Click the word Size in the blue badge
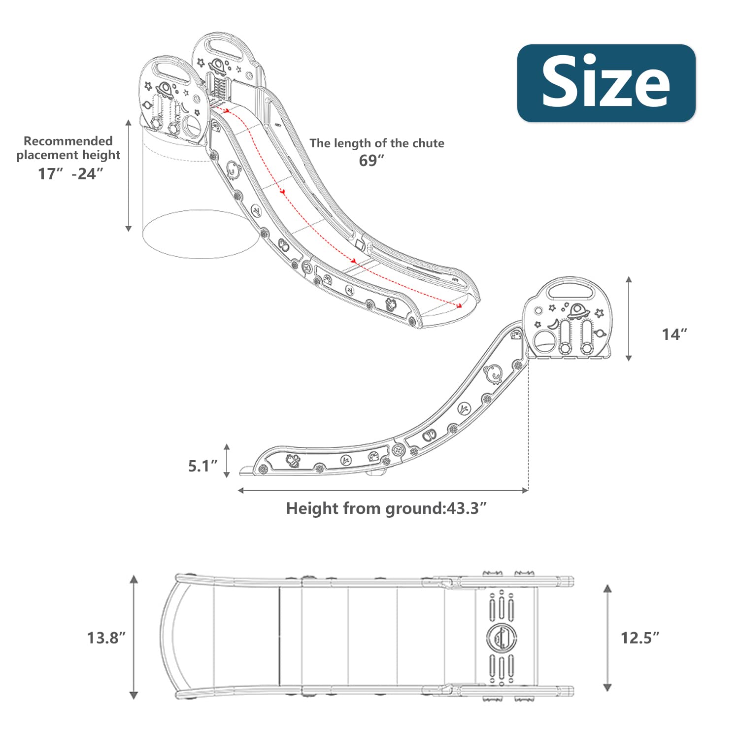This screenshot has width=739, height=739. click(x=606, y=82)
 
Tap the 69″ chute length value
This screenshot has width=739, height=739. click(x=371, y=161)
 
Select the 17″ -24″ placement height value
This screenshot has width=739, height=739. click(x=71, y=174)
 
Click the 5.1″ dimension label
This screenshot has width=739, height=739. click(x=203, y=466)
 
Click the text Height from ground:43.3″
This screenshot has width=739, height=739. click(x=387, y=508)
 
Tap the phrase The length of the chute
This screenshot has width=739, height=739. click(x=377, y=143)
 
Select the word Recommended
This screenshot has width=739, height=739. click(x=68, y=141)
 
